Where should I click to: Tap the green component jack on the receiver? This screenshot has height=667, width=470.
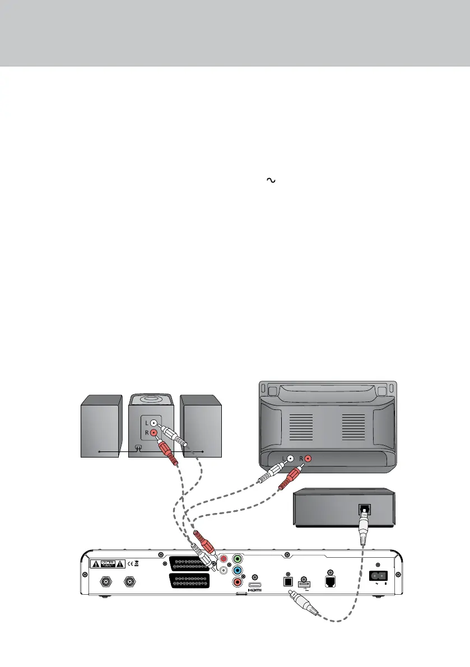[238, 558]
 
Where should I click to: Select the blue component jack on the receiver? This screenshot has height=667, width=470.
[238, 570]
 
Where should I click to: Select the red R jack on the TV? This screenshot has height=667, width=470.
[308, 459]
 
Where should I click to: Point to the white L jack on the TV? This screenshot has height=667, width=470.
[290, 459]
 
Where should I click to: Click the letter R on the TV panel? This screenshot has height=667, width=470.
[300, 459]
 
